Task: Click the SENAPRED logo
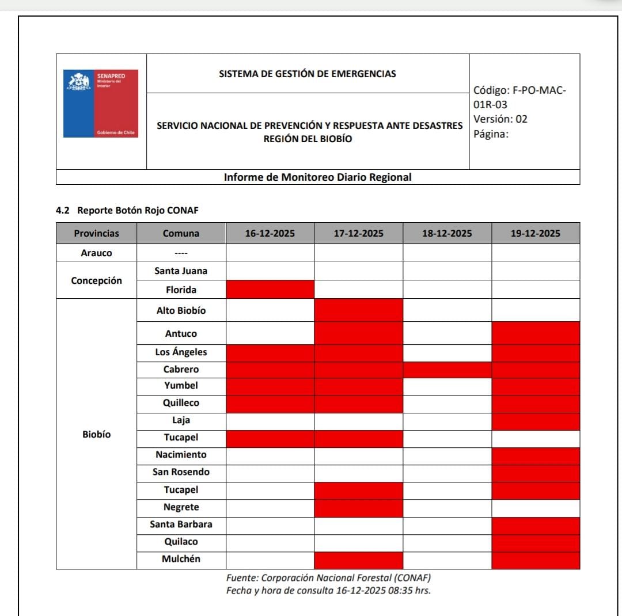click(x=101, y=104)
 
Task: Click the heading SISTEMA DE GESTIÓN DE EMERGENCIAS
click(x=308, y=74)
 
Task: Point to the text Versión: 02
click(x=500, y=119)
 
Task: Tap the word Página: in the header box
click(x=491, y=135)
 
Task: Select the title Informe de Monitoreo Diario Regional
click(x=317, y=177)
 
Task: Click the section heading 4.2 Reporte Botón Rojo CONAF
click(x=127, y=210)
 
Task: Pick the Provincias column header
click(x=96, y=233)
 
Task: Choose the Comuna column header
click(x=181, y=233)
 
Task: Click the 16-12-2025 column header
click(x=270, y=233)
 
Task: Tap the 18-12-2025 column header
click(x=447, y=233)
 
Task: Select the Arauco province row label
click(x=96, y=253)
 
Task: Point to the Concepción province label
click(x=96, y=280)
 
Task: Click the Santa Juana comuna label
click(x=181, y=271)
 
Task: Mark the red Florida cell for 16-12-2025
click(x=270, y=289)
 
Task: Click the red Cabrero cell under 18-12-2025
click(x=447, y=369)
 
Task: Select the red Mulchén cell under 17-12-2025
click(x=358, y=560)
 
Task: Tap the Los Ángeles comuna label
click(x=181, y=352)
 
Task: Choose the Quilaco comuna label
click(x=181, y=542)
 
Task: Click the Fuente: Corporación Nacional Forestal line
click(x=328, y=577)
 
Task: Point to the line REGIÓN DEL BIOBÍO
click(x=308, y=139)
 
